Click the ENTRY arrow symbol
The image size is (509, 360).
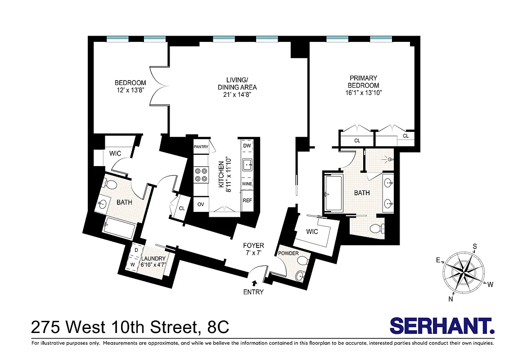tap(255, 283)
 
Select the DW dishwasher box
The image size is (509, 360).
tap(247, 146)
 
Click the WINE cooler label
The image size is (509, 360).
tap(247, 184)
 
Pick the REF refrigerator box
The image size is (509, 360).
tap(247, 200)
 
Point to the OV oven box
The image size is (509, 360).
tap(201, 204)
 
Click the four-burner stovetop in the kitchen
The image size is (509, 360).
tap(201, 175)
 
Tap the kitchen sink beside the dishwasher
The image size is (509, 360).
tap(247, 165)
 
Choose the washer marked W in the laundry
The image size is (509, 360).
tap(133, 264)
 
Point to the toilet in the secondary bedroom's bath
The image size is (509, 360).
tap(108, 184)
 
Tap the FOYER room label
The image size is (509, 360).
tap(253, 246)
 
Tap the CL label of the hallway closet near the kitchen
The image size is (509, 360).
tap(182, 208)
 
